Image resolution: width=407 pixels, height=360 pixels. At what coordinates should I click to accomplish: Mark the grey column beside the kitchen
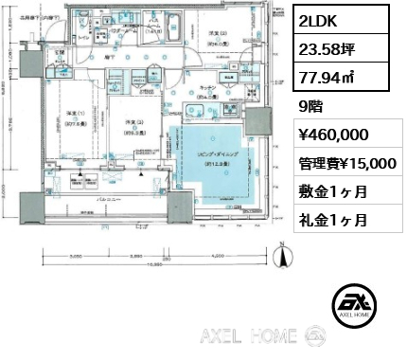(x=257, y=122)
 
